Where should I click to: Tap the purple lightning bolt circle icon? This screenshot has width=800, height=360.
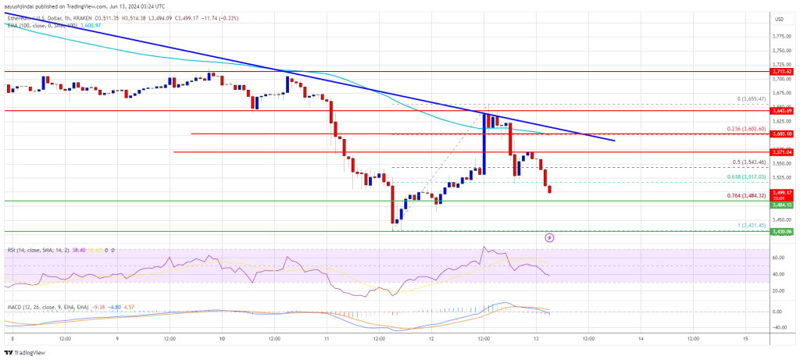click(x=549, y=237)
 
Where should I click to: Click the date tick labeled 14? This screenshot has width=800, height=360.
click(x=641, y=338)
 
